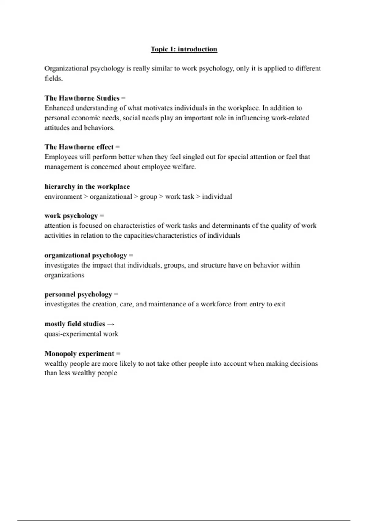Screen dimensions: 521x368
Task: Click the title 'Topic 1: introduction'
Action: [184, 49]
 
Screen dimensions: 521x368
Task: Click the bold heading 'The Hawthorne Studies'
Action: [82, 98]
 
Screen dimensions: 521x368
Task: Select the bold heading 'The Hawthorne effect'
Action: [79, 147]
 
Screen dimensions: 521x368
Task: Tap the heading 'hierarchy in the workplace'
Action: [87, 187]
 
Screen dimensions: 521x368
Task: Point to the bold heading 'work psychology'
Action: [71, 216]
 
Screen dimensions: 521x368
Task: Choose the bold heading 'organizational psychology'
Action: [86, 255]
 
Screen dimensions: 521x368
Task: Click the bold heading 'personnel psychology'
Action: [78, 295]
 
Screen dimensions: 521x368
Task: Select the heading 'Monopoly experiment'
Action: [79, 354]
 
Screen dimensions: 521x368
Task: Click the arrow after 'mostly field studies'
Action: [111, 324]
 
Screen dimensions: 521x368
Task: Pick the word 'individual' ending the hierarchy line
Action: [217, 196]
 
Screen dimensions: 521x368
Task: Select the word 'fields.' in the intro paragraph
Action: [53, 78]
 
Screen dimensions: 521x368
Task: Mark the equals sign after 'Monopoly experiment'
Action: [118, 354]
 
